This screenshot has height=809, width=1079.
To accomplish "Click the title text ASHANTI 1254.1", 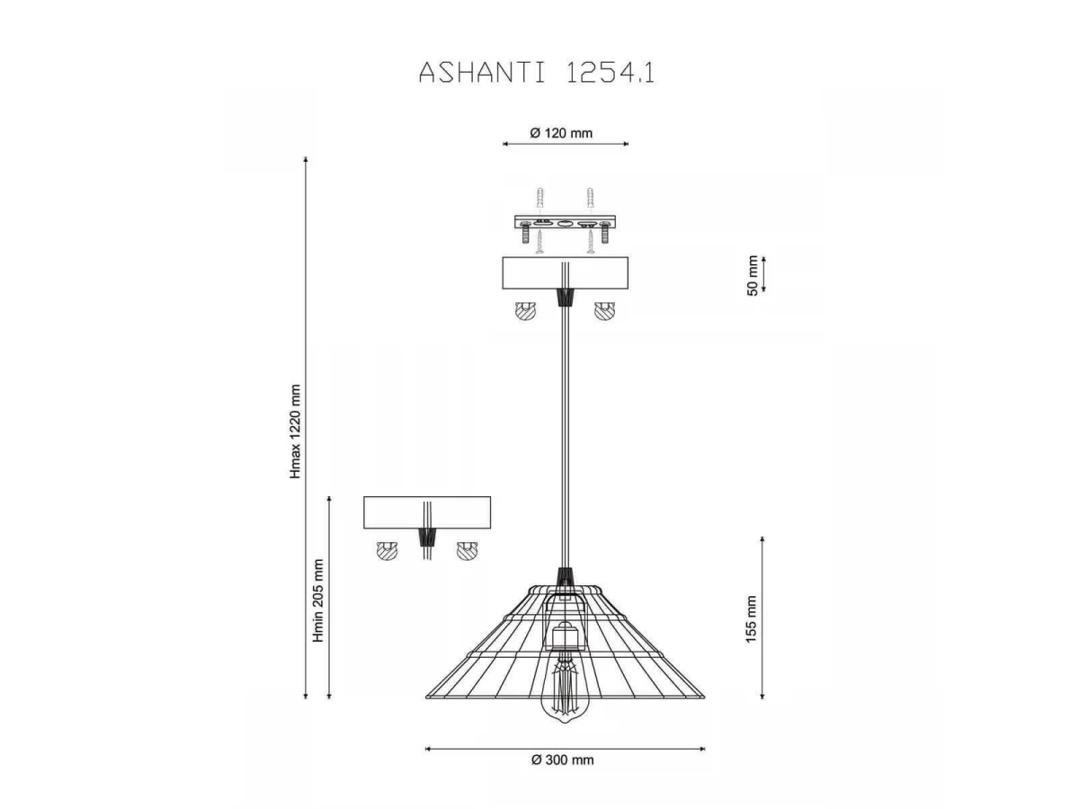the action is point(536,73).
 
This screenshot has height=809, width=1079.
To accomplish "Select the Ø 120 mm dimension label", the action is point(561,133).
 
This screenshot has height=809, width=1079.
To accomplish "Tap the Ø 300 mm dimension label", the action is point(562,760).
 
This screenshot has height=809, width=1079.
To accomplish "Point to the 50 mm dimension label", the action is point(752,275).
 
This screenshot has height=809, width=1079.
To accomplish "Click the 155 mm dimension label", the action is point(751,619).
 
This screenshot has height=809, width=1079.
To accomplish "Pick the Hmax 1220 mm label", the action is point(294,431).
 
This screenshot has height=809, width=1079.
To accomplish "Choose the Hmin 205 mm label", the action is point(318,600).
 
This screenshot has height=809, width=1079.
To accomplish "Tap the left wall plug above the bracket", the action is point(539,199).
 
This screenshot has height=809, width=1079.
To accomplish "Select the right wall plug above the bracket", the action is point(590,199).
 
